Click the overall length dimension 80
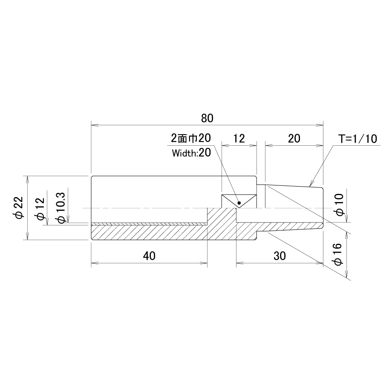click(207, 118)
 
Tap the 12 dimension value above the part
click(239, 138)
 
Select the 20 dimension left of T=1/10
click(294, 138)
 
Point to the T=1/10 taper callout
click(357, 138)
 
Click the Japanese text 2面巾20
click(191, 138)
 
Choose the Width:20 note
click(191, 153)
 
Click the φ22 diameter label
click(19, 208)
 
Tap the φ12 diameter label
click(40, 209)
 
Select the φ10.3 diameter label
click(61, 208)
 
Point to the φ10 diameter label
click(340, 205)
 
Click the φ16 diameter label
click(337, 254)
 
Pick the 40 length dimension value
click(149, 256)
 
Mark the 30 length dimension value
click(280, 256)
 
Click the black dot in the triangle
click(239, 203)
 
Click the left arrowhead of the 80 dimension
click(95, 124)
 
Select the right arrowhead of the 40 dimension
click(204, 263)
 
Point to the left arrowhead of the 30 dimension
click(240, 263)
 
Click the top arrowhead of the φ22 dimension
click(27, 180)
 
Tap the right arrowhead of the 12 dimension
click(253, 144)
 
